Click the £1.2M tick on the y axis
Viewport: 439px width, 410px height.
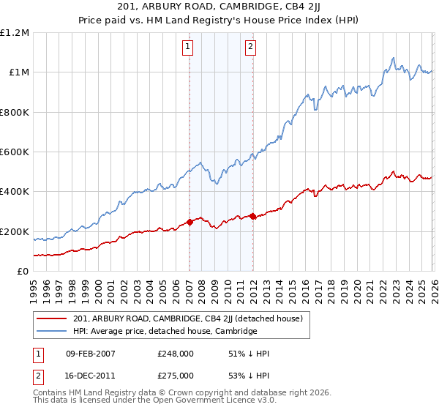(x=15, y=33)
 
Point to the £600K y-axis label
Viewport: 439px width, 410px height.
(x=15, y=152)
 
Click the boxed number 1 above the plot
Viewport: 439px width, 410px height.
(x=188, y=48)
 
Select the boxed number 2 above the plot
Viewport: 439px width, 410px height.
(x=250, y=48)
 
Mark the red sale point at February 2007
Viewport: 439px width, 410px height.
(x=190, y=222)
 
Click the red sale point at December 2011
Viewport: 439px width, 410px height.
(x=252, y=216)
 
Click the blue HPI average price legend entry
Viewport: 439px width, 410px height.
(x=165, y=331)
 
